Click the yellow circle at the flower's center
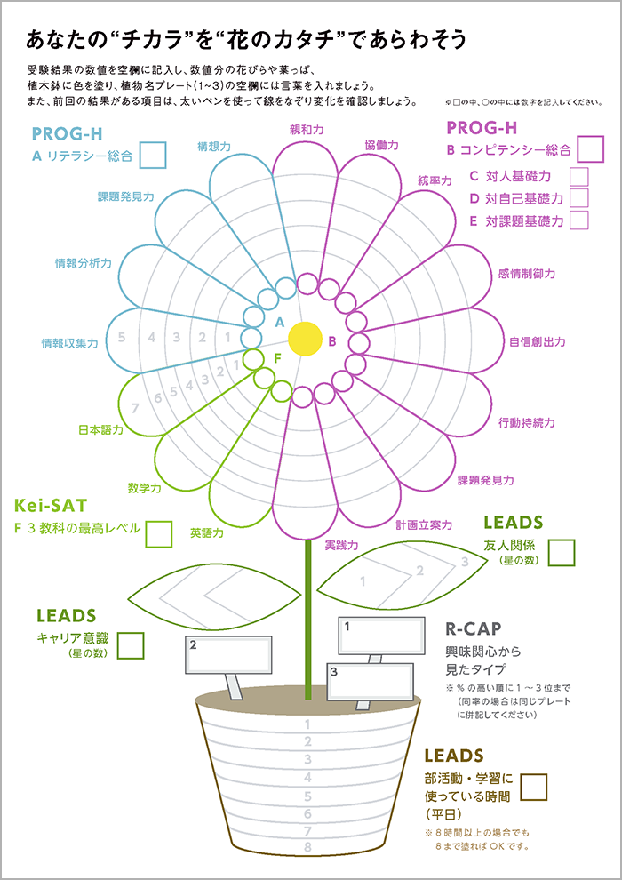[x=305, y=339]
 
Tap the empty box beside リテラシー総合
[x=153, y=155]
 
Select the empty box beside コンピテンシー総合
[x=590, y=148]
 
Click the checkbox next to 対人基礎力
[x=578, y=177]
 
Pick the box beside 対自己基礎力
[x=578, y=198]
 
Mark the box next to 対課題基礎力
[x=578, y=220]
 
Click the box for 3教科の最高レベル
[x=159, y=533]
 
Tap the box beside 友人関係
[x=562, y=552]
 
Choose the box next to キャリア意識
[x=131, y=645]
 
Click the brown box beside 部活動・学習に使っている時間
[x=535, y=787]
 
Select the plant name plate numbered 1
[x=381, y=636]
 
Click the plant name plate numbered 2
[x=228, y=654]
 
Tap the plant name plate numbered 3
[x=371, y=681]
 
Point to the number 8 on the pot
[x=307, y=847]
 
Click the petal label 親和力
[x=307, y=130]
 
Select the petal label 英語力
[x=206, y=532]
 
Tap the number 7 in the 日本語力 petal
[x=134, y=409]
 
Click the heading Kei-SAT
[x=51, y=506]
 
